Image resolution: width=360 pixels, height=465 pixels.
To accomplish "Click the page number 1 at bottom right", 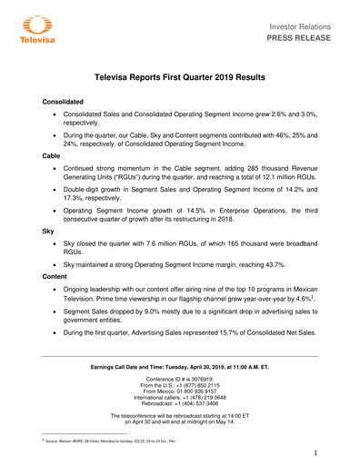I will [x=313, y=451].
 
